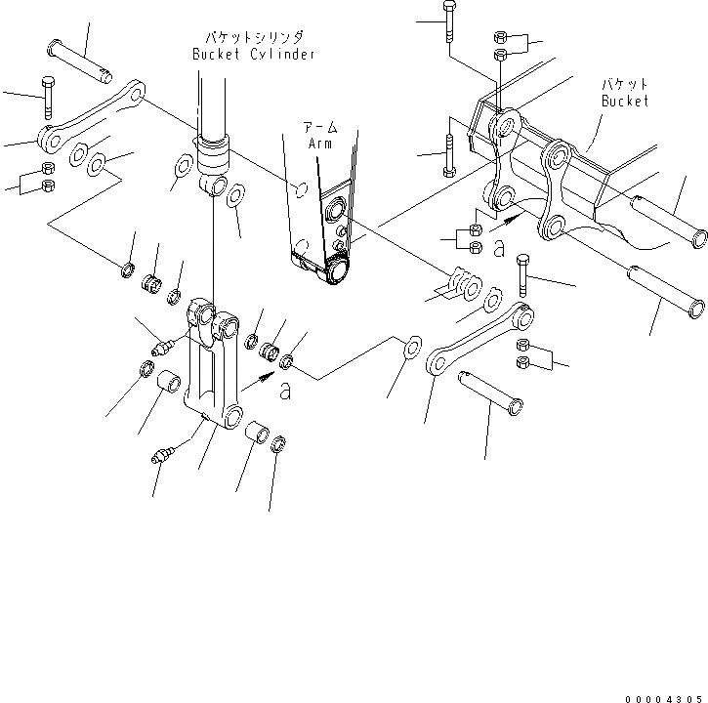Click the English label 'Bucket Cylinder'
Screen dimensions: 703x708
254,55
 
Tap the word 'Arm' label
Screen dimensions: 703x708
321,143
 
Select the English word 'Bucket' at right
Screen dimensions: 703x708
625,102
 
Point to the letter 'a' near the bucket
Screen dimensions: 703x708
499,249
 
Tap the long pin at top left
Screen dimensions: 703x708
82,60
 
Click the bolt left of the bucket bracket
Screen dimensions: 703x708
449,154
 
